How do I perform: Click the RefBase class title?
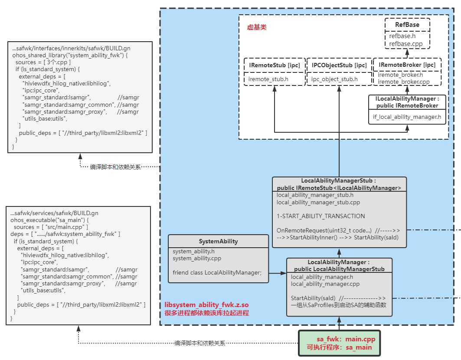point(407,25)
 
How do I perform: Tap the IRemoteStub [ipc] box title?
point(274,65)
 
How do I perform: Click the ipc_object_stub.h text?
point(334,79)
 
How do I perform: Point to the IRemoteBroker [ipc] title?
point(407,65)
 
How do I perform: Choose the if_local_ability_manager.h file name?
point(407,116)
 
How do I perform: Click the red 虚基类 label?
point(257,27)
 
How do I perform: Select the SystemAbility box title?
point(218,241)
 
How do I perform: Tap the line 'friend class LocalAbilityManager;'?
point(217,272)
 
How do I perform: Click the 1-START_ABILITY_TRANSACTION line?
point(321,216)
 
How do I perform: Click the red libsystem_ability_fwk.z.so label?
point(206,305)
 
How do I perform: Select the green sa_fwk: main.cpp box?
point(339,343)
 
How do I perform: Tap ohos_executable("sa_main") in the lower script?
point(50,220)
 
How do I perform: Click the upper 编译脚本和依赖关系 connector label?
point(115,167)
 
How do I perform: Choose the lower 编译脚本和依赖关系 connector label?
point(200,343)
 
